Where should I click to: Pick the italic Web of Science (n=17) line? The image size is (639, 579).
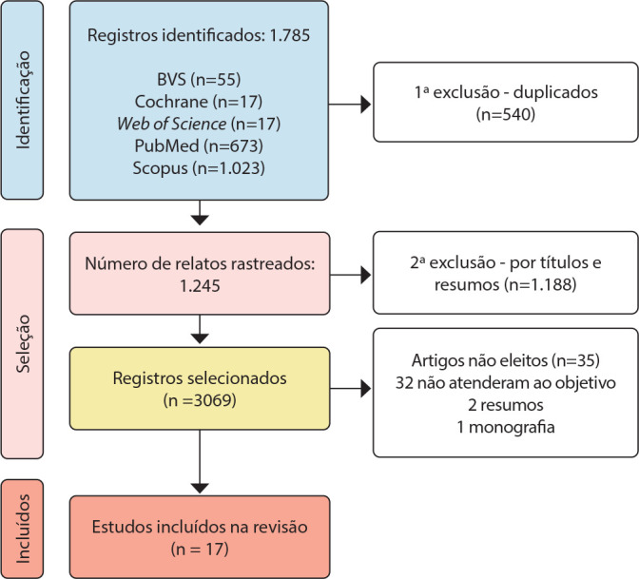[x=200, y=125]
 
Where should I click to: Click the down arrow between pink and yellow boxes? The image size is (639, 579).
[x=200, y=330]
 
